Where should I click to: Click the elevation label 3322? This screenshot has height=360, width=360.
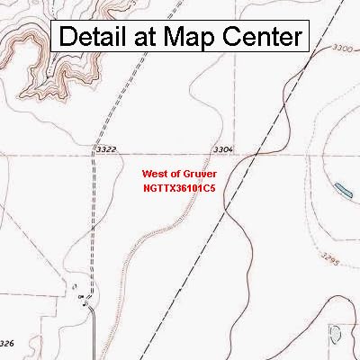coord(105,148)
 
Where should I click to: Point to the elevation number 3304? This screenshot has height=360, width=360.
coord(224,148)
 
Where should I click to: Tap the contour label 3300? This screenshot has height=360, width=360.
coord(341,47)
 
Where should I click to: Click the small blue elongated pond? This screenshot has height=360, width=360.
coord(343,189)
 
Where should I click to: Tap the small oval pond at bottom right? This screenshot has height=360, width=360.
coord(336,335)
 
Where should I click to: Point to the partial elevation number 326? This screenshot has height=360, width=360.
coord(7,343)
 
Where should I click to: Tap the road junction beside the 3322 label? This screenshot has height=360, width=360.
coord(93,154)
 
